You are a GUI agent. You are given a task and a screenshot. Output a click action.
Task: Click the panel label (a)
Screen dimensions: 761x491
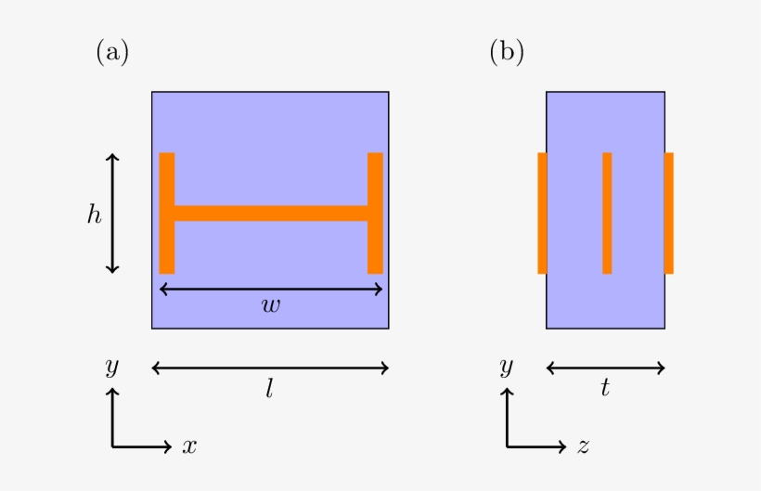coord(112,52)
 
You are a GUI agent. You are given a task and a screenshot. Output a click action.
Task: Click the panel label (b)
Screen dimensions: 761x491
coord(507,52)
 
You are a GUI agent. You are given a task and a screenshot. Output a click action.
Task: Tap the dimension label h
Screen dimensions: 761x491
coord(94,214)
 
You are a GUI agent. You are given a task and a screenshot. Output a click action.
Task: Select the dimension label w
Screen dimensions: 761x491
coord(271,305)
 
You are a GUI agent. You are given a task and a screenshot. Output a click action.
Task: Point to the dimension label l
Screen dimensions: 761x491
coord(270,389)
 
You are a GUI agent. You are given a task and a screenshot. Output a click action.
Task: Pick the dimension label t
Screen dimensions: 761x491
coord(605,388)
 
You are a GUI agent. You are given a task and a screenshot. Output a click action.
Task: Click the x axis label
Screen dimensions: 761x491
coord(189,446)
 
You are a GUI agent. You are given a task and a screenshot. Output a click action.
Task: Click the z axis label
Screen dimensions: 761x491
coord(584,446)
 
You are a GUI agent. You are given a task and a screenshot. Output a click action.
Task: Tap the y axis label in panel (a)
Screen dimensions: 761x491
coord(112,367)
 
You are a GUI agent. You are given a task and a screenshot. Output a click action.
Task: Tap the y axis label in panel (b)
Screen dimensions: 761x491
coord(506,367)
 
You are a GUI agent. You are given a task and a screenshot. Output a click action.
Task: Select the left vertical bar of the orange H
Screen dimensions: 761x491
coord(167,213)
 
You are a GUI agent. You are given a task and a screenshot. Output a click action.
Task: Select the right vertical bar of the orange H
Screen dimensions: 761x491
coord(375,213)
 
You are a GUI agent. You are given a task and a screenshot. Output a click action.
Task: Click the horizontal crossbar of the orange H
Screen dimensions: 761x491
coord(271,213)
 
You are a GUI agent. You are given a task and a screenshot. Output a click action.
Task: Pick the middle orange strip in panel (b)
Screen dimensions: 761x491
coord(607,213)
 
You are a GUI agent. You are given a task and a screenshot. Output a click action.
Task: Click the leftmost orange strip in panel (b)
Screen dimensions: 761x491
coord(542,213)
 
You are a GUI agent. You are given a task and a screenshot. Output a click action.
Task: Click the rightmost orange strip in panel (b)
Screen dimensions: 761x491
coord(669,213)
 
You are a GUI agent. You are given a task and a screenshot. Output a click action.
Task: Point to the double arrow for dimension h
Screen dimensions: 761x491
coord(112,213)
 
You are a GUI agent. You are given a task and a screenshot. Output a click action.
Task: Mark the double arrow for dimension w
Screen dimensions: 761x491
coord(271,290)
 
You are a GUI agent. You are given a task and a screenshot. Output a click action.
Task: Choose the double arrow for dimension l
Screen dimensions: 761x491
coord(270,368)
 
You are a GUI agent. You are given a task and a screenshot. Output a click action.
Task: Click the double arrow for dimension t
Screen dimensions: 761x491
coord(606,368)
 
